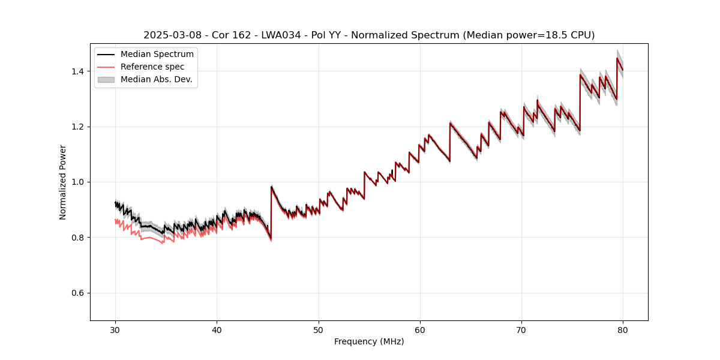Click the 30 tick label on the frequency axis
pos(116,329)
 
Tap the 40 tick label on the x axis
pos(217,329)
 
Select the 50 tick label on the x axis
pos(319,329)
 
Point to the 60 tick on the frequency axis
pos(420,329)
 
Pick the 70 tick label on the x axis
pos(521,329)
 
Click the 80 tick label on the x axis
pos(623,329)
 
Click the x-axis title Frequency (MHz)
pos(369,341)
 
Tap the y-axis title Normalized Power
pos(63,182)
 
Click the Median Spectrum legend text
pos(157,55)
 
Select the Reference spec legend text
pos(152,67)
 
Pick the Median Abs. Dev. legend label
pos(157,79)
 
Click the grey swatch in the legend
pos(106,79)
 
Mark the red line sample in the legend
pos(106,67)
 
